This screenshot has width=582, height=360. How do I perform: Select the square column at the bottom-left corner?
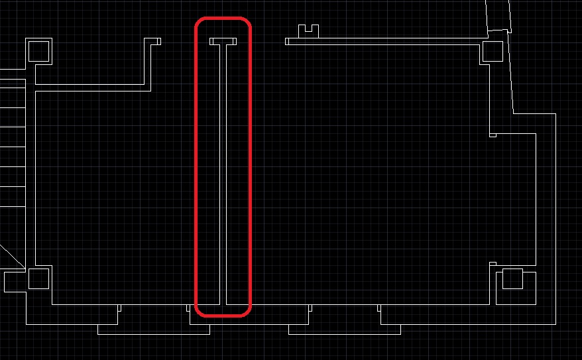tap(38, 279)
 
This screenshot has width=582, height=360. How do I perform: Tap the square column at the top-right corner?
tap(493, 51)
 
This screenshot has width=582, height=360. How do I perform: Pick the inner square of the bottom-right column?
tap(513, 279)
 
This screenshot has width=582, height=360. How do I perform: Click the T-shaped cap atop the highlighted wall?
tap(223, 41)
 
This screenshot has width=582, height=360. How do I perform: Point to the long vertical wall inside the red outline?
tap(223, 172)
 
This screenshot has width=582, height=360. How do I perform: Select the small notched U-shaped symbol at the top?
tap(308, 30)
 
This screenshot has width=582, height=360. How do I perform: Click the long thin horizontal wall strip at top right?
tap(384, 41)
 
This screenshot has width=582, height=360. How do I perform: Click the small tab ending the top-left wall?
tap(156, 41)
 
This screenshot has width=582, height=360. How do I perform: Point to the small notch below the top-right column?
tap(493, 135)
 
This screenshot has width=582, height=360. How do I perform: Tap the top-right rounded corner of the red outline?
tap(247, 24)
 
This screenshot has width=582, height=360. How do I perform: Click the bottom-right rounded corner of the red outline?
tap(247, 310)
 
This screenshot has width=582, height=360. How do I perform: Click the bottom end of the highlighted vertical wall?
tap(223, 302)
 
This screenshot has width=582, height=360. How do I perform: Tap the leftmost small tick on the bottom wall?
tap(119, 308)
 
